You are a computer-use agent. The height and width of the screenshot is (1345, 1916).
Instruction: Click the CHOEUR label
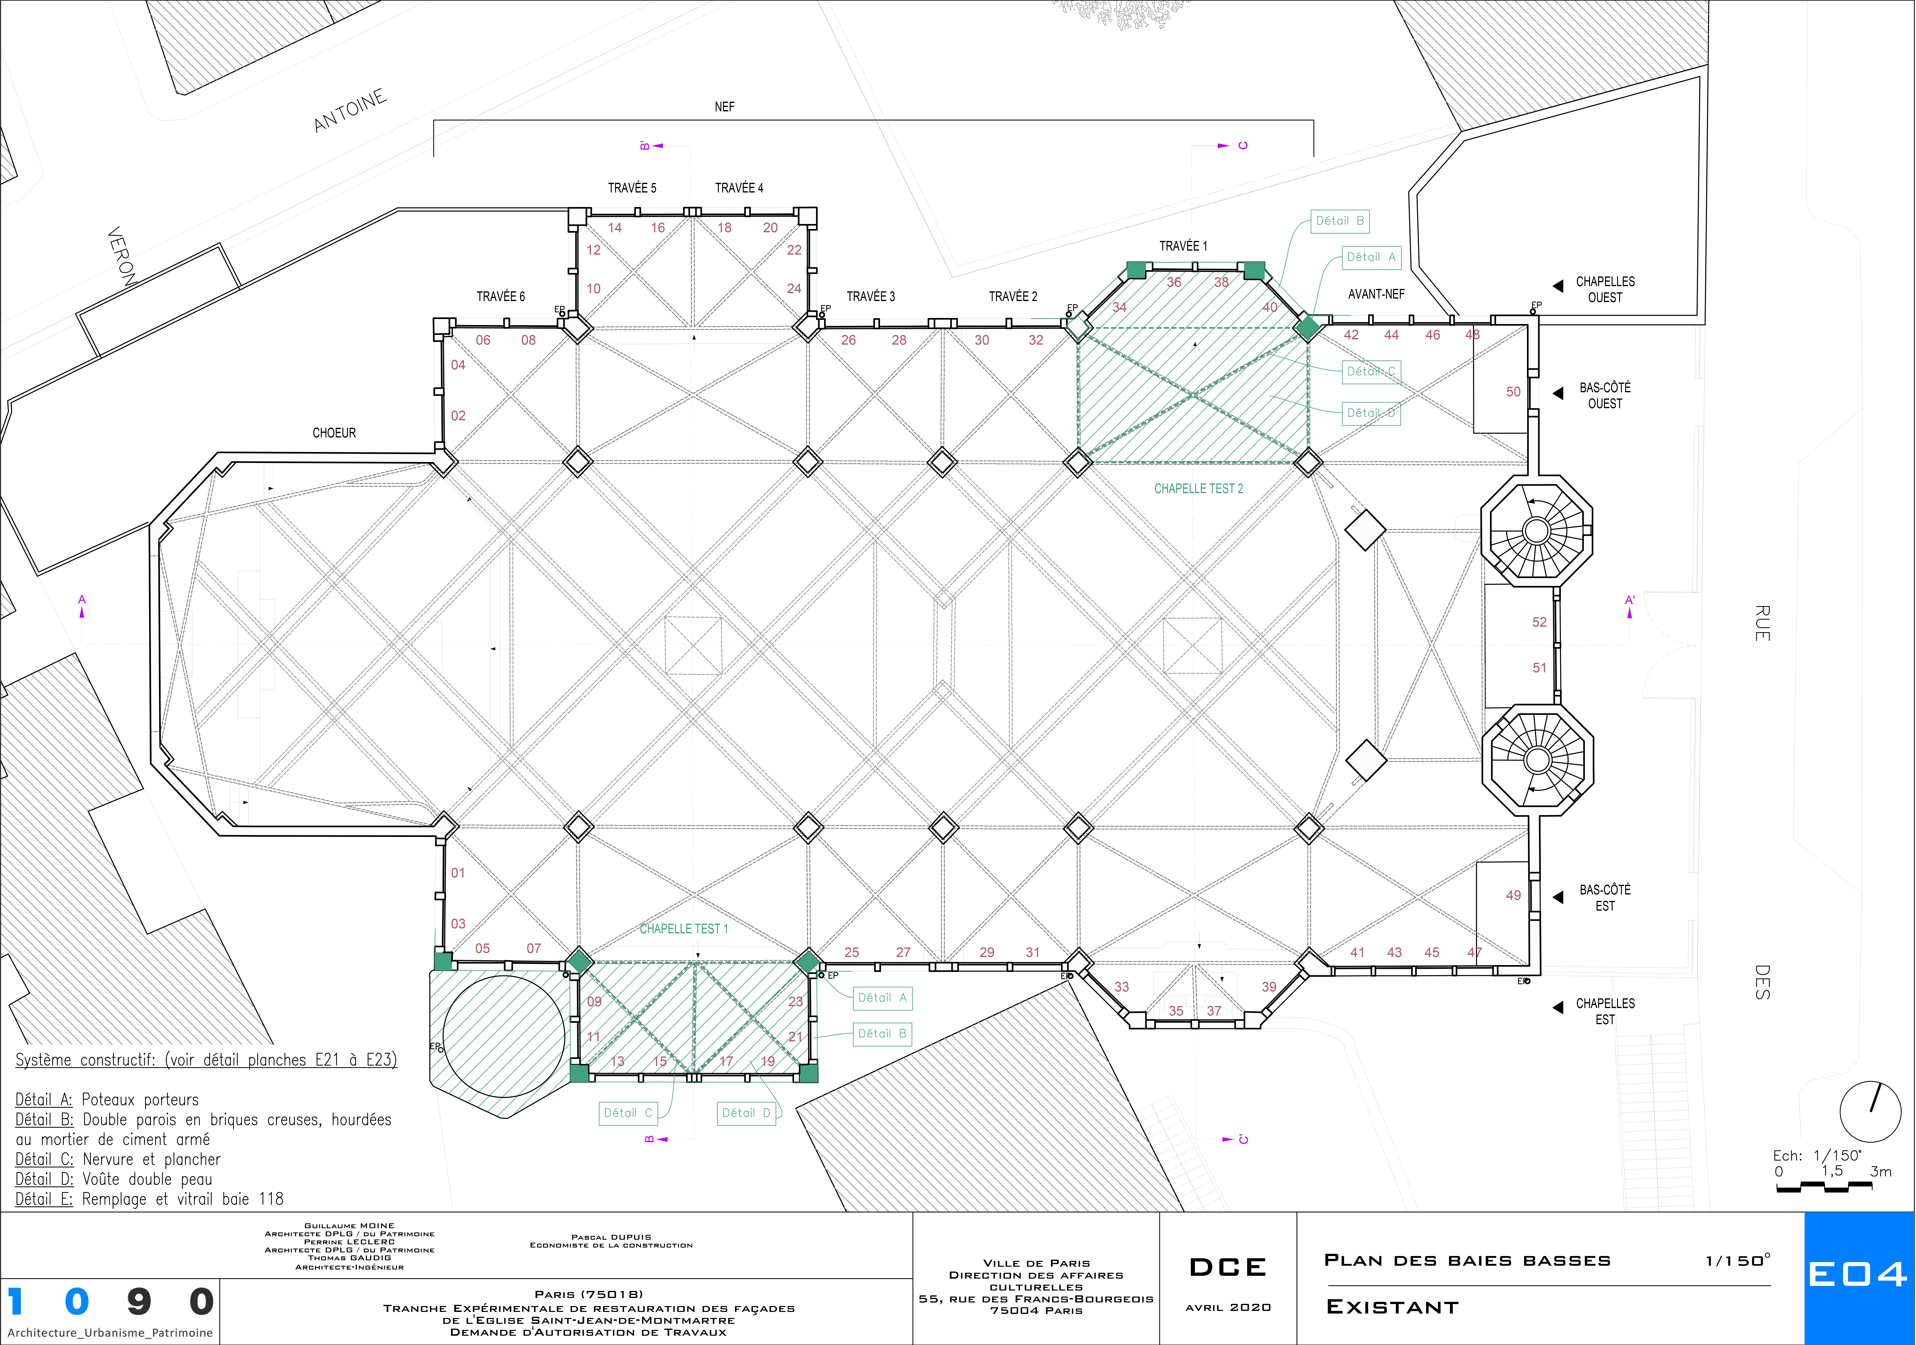[334, 433]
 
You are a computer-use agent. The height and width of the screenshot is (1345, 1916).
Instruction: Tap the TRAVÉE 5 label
[632, 188]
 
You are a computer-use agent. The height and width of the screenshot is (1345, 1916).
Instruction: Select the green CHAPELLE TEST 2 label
[1198, 489]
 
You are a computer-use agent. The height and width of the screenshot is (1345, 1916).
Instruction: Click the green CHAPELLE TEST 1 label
[683, 929]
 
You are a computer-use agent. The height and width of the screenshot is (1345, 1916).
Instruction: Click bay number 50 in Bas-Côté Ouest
[1513, 392]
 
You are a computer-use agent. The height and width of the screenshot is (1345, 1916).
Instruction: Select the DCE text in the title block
[1227, 1267]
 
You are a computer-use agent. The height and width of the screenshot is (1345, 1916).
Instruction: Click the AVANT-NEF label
[1376, 295]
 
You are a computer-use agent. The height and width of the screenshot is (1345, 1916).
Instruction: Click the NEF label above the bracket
[724, 107]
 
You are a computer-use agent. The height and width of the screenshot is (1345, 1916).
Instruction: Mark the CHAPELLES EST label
[1605, 1011]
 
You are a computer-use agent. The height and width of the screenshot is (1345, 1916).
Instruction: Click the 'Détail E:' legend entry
[44, 1199]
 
